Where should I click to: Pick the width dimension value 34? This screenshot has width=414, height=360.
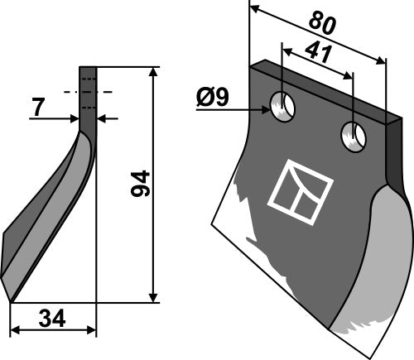(x=52, y=318)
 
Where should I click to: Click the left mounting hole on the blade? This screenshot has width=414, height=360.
(x=283, y=106)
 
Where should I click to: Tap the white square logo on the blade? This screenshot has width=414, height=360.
(x=300, y=185)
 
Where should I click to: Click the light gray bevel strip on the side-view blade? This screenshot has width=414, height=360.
(x=58, y=215)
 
